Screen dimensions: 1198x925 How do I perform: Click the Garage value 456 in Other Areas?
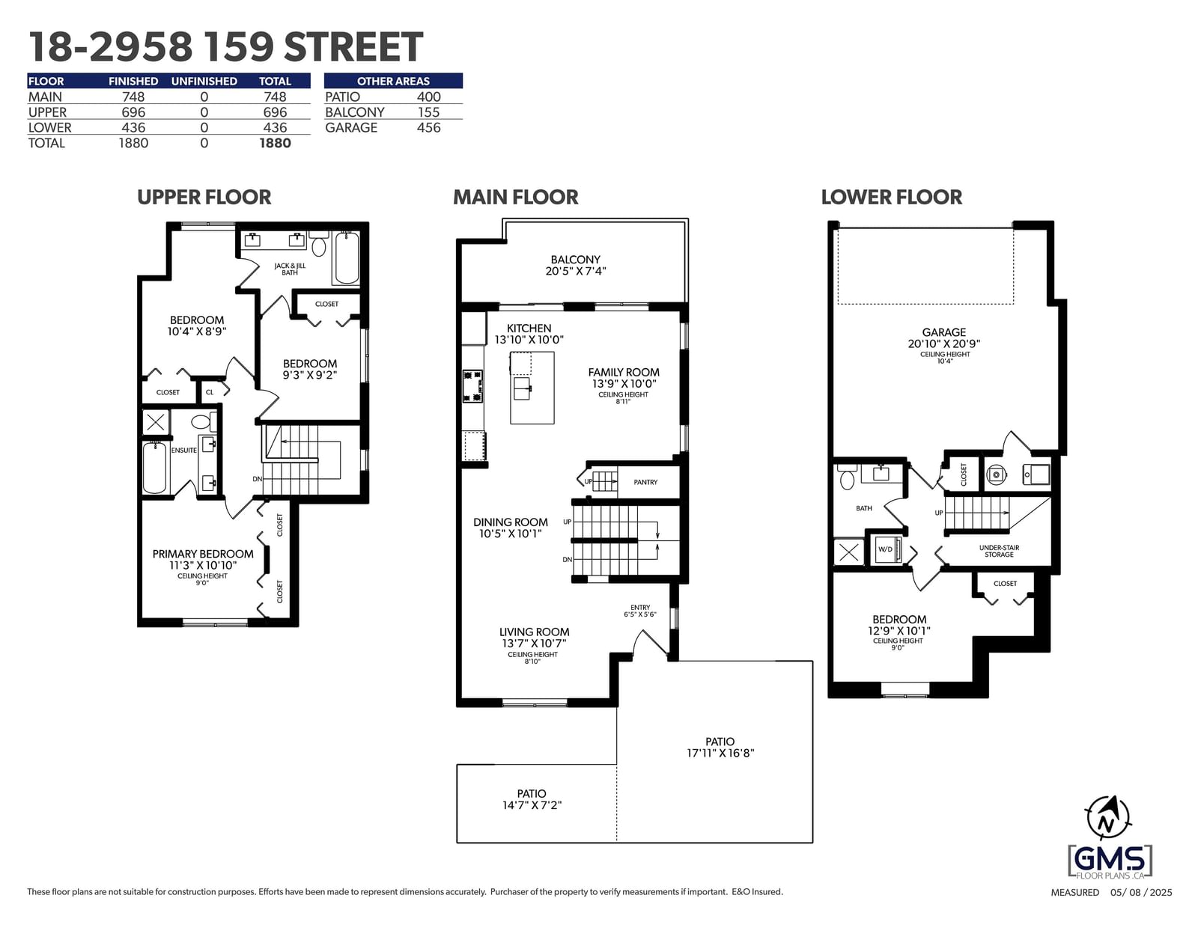(428, 128)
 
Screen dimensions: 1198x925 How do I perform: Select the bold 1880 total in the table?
(275, 143)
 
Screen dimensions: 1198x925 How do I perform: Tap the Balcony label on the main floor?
(575, 260)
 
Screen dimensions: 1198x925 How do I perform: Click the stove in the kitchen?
(472, 385)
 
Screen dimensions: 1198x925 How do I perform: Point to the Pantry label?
(645, 482)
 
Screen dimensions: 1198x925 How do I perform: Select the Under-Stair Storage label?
(999, 551)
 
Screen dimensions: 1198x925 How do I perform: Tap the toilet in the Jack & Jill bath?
(319, 243)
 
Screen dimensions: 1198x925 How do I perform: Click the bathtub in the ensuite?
(154, 468)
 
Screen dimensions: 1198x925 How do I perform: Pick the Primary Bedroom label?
(203, 554)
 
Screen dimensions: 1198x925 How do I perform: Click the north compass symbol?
(1107, 819)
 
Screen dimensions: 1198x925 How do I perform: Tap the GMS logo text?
(1110, 858)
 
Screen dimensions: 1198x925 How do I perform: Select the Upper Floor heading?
(204, 198)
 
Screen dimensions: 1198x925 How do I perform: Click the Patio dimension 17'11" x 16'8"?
(720, 753)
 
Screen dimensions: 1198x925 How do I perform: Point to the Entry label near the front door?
(640, 607)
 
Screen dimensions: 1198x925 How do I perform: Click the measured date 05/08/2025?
(1140, 893)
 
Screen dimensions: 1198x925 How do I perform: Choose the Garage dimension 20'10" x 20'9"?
(944, 344)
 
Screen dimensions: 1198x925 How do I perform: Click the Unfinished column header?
(204, 81)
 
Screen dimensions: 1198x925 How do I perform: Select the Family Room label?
(624, 373)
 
